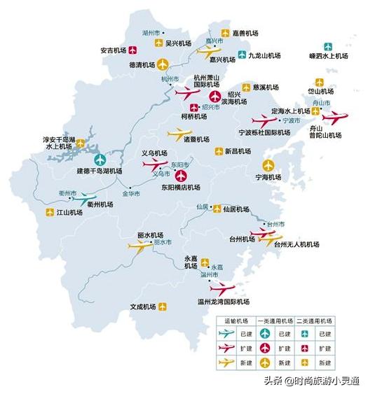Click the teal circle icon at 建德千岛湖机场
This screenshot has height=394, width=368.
coord(100,160)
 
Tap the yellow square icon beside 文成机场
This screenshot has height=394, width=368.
coord(163,306)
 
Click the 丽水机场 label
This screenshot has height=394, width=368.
coord(151,234)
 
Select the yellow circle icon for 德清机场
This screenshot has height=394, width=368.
coord(163,65)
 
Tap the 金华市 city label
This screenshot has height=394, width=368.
coord(132,192)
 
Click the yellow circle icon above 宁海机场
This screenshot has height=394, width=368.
coord(267,166)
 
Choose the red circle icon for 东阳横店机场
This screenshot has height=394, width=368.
coord(181,176)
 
